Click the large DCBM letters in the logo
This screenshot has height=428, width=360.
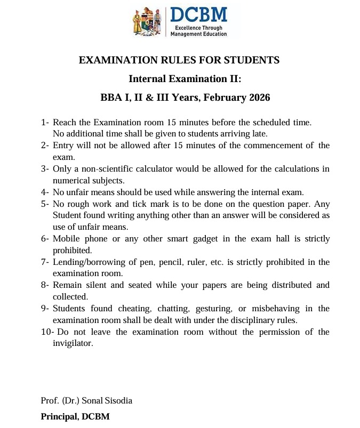click(198, 15)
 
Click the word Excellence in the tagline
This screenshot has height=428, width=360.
click(183, 27)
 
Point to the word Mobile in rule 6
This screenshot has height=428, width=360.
click(66, 239)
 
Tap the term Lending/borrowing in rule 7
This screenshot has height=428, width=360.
click(85, 262)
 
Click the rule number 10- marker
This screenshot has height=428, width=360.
click(47, 332)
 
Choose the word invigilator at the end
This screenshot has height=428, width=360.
click(73, 343)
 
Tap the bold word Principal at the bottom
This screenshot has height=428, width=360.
click(58, 416)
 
